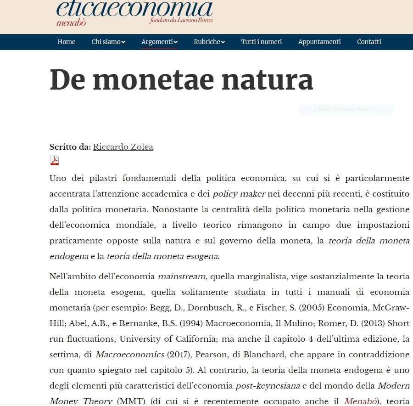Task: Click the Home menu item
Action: click(66, 42)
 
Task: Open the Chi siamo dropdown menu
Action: click(108, 42)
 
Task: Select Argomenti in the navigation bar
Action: click(159, 42)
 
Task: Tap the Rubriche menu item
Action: click(209, 42)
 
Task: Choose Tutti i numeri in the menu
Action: click(262, 42)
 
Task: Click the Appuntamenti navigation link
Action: click(319, 42)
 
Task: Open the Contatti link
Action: click(369, 42)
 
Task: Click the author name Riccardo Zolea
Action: click(123, 147)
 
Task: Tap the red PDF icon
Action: click(55, 160)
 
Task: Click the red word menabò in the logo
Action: click(71, 23)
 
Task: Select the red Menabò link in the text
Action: click(361, 401)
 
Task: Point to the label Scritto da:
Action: click(70, 147)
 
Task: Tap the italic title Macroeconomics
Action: click(130, 355)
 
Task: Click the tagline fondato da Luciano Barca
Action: click(181, 20)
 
